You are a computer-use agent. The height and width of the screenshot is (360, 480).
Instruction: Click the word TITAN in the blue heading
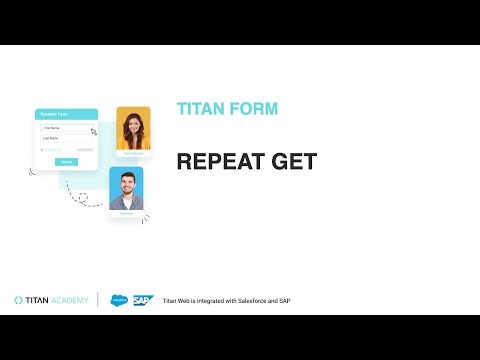tap(197, 109)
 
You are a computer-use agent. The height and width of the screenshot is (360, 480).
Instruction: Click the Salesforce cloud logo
tap(120, 299)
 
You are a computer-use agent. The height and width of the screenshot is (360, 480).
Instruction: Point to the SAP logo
tap(144, 299)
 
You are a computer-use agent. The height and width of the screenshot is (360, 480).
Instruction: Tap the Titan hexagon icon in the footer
tap(19, 299)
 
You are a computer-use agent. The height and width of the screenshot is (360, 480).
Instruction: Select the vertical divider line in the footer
tap(98, 299)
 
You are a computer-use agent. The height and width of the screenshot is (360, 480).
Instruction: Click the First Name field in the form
tap(63, 128)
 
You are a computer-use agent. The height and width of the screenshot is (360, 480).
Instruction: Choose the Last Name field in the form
tap(63, 138)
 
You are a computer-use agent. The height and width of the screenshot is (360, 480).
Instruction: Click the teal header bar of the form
tap(65, 114)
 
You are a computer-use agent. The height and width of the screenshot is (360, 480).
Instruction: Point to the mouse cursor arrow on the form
tap(93, 130)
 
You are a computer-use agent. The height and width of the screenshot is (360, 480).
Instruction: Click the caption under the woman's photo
tap(133, 153)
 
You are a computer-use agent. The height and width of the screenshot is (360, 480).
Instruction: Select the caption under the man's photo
tap(126, 213)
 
